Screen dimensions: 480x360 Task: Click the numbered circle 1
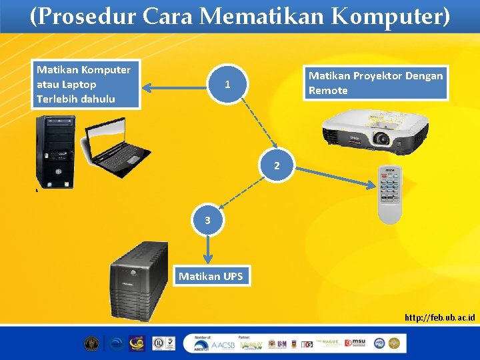[228, 85]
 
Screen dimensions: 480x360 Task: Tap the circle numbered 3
[208, 219]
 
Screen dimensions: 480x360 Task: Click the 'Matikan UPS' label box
[211, 276]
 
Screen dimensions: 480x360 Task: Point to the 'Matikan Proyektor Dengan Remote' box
[375, 83]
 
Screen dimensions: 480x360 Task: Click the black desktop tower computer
[55, 152]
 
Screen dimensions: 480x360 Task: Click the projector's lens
[381, 139]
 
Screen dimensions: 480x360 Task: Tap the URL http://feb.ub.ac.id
[439, 317]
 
